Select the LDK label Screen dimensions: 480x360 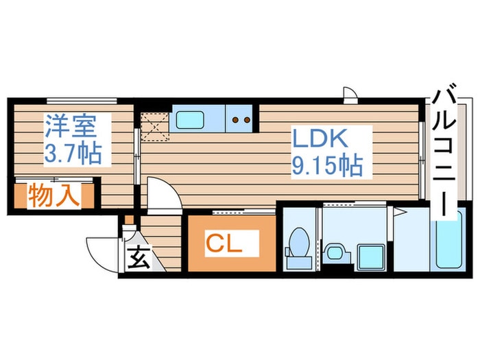pyautogui.click(x=322, y=139)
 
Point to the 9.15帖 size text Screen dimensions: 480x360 pyautogui.click(x=326, y=165)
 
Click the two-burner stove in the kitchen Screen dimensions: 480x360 pyautogui.click(x=241, y=119)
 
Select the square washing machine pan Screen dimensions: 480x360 pyautogui.click(x=370, y=254)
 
